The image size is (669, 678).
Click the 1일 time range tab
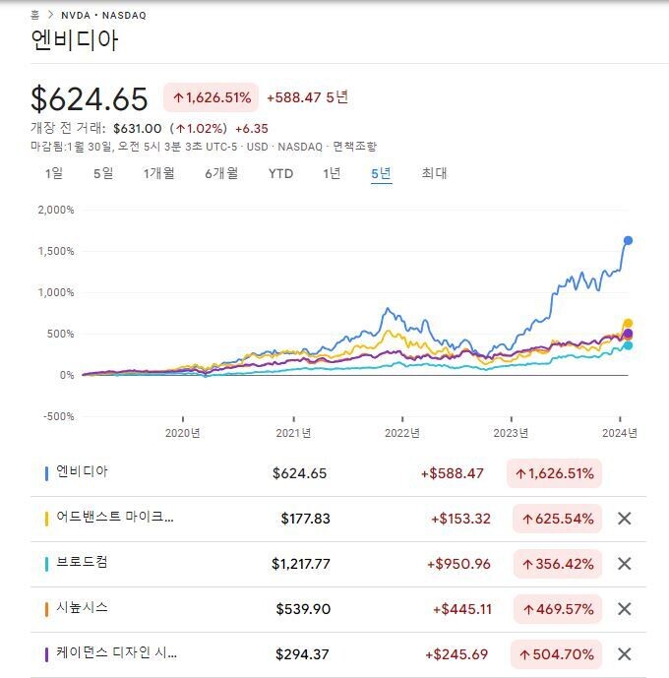53,173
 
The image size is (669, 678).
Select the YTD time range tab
280,173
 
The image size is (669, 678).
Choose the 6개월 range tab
221,173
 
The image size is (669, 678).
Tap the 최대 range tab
434,173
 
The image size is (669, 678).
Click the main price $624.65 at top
90,98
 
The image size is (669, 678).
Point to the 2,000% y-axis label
55,210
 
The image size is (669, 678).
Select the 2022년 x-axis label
401,432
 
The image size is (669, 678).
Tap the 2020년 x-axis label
182,432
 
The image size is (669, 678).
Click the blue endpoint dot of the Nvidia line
628,240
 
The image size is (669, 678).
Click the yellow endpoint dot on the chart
628,324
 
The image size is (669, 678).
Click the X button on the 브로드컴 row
624,564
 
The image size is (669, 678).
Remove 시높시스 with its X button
624,609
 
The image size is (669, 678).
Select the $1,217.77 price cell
299,564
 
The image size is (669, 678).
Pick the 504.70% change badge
556,654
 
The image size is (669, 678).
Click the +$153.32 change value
460,519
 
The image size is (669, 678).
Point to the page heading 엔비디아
75,41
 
